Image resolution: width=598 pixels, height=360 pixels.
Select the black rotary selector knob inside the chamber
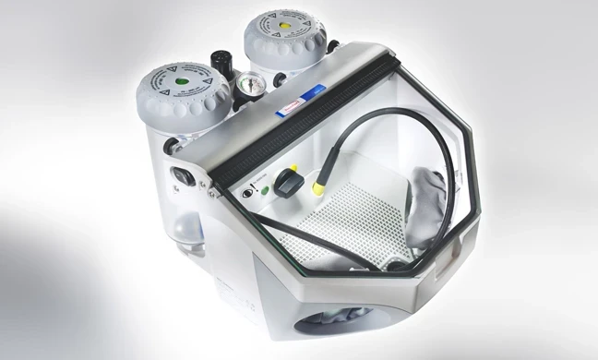pos(287,183)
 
